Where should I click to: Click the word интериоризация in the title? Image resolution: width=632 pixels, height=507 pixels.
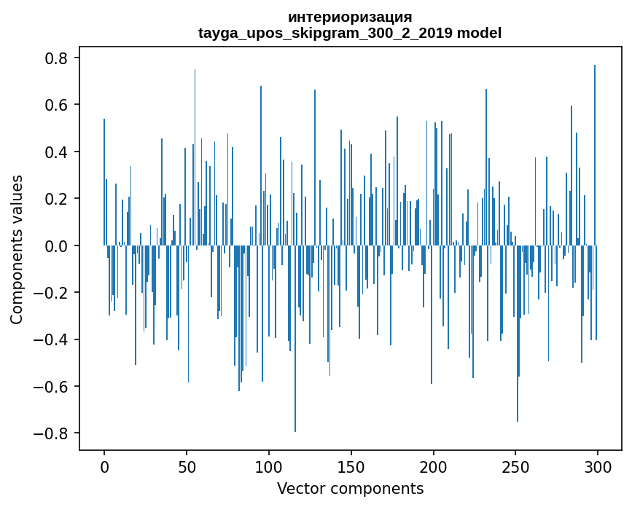tap(350, 17)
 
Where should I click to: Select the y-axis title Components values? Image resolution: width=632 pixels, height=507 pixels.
tap(17, 249)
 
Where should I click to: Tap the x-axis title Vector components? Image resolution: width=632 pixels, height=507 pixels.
tap(350, 488)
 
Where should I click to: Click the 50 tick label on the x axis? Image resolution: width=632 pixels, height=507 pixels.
tap(187, 466)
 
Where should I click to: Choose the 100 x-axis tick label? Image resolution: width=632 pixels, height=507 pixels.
tap(269, 466)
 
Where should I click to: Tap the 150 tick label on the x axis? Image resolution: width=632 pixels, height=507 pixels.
tap(351, 466)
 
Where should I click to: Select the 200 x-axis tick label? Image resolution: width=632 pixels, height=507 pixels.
tap(434, 466)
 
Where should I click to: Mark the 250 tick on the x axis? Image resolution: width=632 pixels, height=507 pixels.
tap(516, 466)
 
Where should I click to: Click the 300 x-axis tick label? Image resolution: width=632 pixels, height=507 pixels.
tap(598, 466)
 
